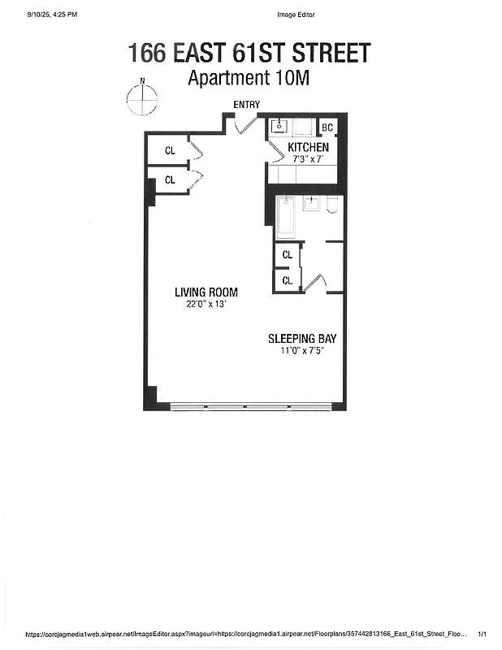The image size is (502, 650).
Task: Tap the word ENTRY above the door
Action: click(x=246, y=104)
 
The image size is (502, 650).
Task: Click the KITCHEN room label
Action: click(x=308, y=147)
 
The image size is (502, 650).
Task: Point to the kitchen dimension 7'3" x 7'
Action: click(x=308, y=159)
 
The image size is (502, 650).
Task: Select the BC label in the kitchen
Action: click(x=327, y=128)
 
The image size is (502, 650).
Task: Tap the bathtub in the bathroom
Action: click(x=285, y=217)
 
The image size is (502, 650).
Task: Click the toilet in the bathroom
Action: click(x=331, y=206)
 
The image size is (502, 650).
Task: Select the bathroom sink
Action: click(x=312, y=203)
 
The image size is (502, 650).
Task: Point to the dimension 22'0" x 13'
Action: click(x=206, y=305)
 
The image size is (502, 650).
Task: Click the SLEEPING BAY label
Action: click(x=302, y=339)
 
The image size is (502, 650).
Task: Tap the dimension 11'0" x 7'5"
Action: click(x=302, y=351)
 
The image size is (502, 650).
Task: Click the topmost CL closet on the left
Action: click(x=170, y=150)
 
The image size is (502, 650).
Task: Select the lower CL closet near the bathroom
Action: click(x=287, y=280)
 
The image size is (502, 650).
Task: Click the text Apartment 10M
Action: click(x=249, y=78)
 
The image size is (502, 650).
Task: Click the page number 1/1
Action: click(x=483, y=634)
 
